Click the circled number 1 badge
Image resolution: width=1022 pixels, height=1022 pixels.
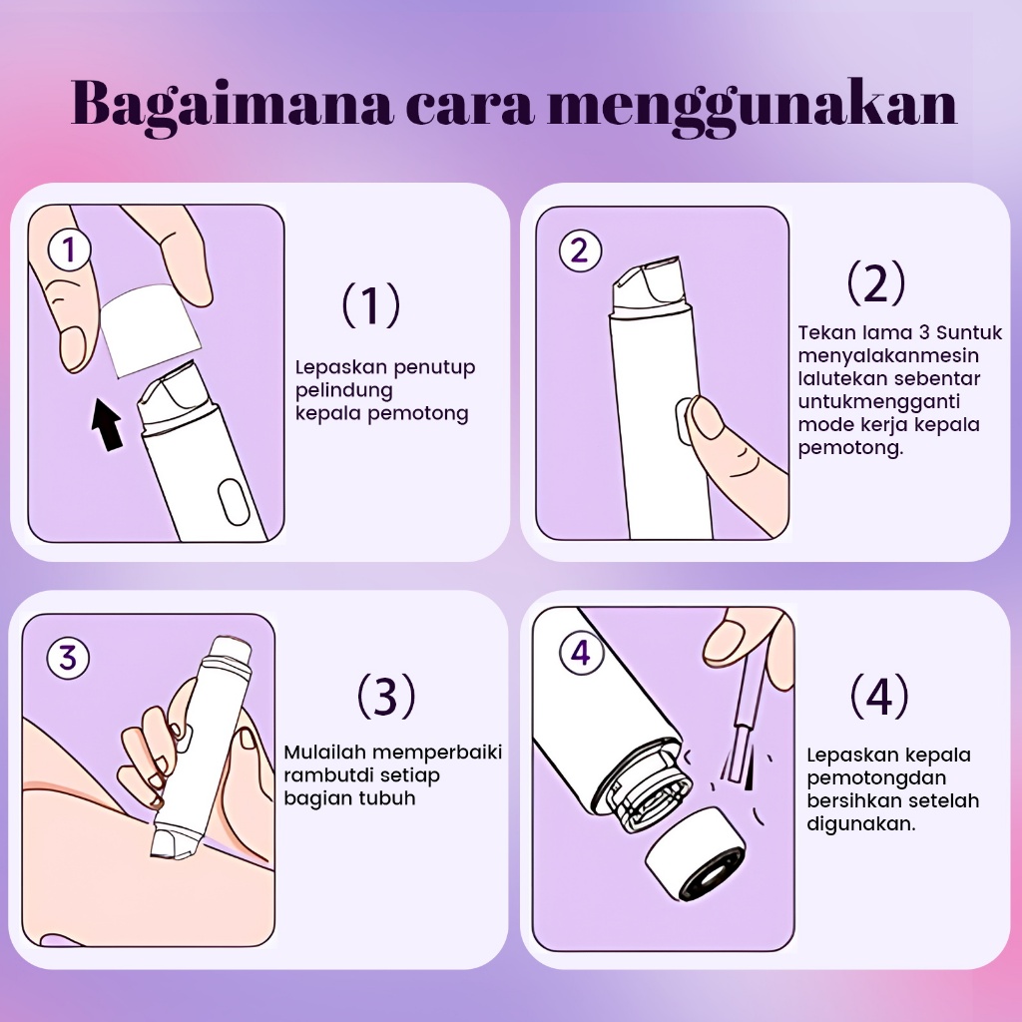69,250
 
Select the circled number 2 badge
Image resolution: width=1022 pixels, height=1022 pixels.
580,251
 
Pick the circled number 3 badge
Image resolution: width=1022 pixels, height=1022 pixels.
68,657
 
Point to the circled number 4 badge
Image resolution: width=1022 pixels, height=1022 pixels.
581,652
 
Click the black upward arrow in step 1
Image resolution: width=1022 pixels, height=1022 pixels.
107,424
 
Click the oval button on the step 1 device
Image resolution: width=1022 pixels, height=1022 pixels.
234,503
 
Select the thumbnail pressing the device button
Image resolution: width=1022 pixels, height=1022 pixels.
706,418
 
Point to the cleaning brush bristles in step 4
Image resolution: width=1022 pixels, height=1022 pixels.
736,757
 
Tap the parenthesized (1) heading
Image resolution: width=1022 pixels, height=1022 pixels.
371,304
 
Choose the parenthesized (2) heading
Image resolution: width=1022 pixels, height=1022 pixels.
876,282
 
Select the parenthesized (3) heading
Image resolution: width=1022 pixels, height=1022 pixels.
386,695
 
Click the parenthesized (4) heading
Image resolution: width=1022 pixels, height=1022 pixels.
879,695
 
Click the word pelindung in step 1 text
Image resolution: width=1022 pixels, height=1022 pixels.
344,391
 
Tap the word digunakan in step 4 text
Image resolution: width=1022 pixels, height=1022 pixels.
861,823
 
